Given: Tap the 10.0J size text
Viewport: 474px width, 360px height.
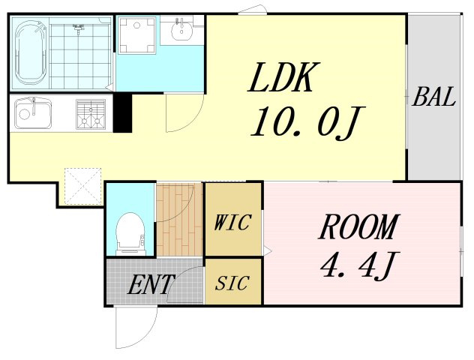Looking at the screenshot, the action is [307, 121].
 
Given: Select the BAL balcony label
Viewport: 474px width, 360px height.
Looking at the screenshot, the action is [433, 97].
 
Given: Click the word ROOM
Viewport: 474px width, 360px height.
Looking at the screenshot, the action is [358, 226].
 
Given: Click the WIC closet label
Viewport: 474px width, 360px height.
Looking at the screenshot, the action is [232, 223].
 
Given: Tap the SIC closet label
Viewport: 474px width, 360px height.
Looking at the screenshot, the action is [232, 283].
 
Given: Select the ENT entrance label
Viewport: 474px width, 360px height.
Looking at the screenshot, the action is [150, 284].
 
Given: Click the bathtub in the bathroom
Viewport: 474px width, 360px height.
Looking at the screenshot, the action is [31, 53].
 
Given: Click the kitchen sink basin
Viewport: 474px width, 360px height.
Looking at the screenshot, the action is [33, 112].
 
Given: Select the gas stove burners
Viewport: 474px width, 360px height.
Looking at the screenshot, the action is [91, 115].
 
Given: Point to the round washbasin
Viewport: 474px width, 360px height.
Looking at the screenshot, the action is [181, 28].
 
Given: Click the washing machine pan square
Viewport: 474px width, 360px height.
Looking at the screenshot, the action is [137, 35].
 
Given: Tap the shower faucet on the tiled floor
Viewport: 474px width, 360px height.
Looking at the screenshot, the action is [78, 28].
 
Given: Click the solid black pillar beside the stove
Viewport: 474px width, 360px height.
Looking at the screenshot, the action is [123, 112].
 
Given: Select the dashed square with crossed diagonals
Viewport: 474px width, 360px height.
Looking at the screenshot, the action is [82, 186].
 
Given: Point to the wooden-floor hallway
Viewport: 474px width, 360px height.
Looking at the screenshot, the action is [179, 220].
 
